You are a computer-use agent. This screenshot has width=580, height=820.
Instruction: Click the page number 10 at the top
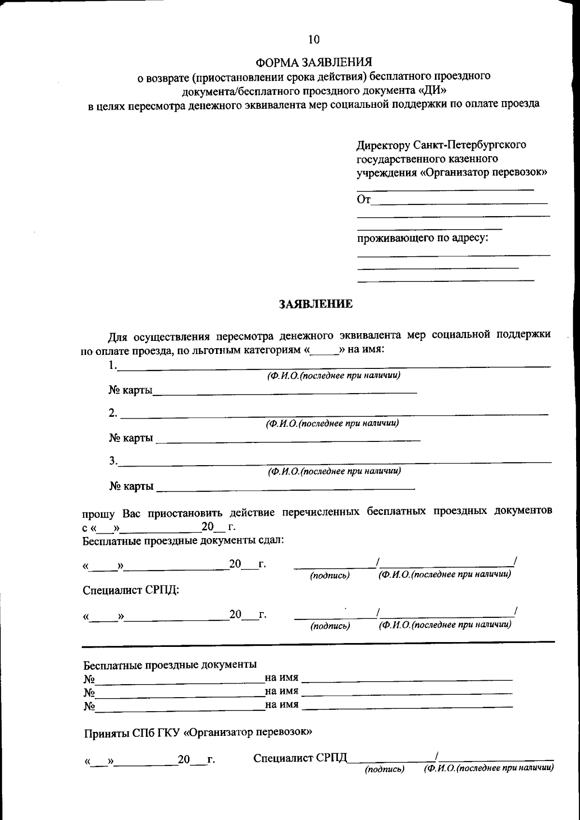[x=314, y=40]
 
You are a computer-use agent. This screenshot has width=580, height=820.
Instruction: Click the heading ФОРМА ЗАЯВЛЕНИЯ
[x=314, y=63]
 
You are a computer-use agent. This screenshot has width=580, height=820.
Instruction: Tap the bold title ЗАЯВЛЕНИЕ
[x=316, y=304]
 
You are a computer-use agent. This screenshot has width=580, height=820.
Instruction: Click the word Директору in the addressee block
[x=382, y=145]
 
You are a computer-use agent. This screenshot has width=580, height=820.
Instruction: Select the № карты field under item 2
[x=289, y=439]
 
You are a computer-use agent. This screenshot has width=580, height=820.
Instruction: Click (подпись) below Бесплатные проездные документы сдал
[x=330, y=576]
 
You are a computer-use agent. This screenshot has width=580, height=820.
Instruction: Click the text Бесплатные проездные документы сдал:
[x=183, y=540]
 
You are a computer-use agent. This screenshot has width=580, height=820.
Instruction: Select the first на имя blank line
[x=409, y=679]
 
